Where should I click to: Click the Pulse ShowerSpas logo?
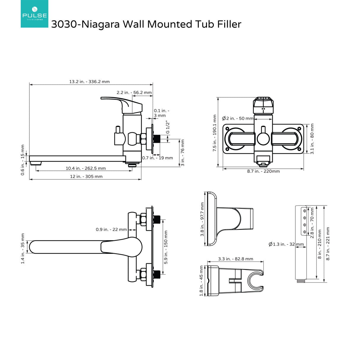(34, 14)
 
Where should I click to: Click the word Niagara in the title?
(101, 24)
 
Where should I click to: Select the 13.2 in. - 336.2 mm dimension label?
(89, 82)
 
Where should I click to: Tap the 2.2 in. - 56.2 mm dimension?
(134, 93)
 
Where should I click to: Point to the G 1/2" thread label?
(168, 127)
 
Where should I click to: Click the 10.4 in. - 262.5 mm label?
(85, 168)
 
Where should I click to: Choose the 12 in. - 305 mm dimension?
(86, 176)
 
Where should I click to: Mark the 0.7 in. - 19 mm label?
(157, 158)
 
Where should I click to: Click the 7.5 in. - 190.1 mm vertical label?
(215, 133)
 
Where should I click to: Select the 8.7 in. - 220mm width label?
(263, 171)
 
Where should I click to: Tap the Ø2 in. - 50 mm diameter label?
(238, 118)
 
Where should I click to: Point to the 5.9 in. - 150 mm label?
(166, 247)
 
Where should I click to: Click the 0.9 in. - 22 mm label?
(111, 229)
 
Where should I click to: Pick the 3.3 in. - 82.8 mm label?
(235, 259)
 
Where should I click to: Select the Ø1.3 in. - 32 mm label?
(286, 244)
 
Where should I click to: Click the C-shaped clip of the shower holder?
(255, 281)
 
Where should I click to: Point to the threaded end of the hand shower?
(301, 280)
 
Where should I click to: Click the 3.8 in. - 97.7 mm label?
(202, 219)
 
